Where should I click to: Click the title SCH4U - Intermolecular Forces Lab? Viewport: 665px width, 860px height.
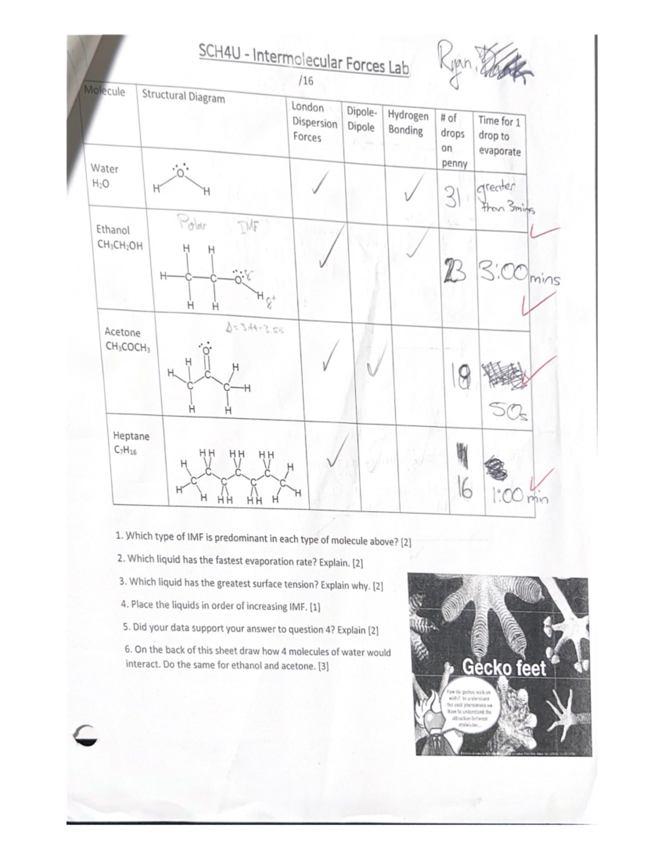(304, 60)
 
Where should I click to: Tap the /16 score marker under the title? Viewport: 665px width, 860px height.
(305, 81)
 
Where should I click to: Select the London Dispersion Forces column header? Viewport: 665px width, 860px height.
(314, 122)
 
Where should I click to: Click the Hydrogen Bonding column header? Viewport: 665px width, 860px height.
(408, 122)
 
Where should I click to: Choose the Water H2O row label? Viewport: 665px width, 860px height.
(104, 176)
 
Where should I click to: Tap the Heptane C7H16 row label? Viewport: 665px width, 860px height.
(131, 442)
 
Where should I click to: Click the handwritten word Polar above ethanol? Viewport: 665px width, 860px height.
(192, 225)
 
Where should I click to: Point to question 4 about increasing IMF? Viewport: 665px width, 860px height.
(221, 605)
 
